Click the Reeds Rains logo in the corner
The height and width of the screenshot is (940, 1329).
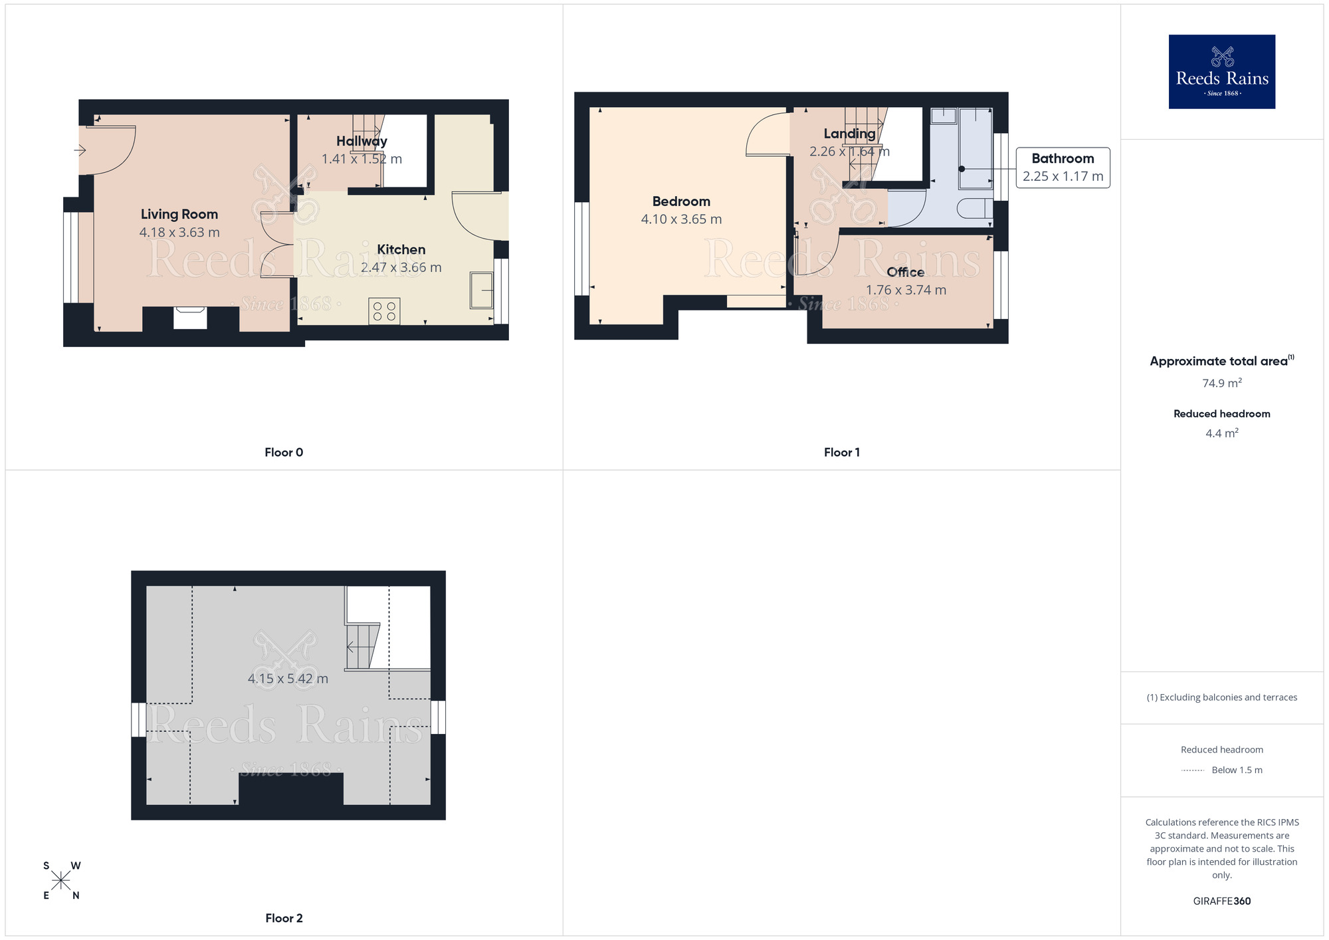pos(1221,72)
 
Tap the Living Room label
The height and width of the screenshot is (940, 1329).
pos(179,214)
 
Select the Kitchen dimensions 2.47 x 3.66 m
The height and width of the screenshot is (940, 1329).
pos(401,267)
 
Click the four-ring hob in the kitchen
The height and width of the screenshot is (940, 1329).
pos(384,311)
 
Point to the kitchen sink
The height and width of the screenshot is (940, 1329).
pos(481,291)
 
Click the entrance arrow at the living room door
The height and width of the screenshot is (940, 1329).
pos(80,151)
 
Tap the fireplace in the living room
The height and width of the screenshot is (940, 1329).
pos(190,318)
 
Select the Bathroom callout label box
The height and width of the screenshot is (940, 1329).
pos(1063,168)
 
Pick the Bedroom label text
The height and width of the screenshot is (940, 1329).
pos(681,201)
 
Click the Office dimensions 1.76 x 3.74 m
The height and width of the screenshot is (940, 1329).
pos(906,290)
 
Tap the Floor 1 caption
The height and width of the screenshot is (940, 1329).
pos(841,452)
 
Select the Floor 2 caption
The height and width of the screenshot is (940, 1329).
pos(284,918)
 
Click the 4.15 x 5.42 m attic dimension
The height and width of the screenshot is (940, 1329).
pos(288,679)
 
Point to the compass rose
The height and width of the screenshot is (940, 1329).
pos(61,881)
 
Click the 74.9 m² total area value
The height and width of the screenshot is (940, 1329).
pos(1221,383)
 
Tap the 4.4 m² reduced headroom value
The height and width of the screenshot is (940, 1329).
pos(1221,433)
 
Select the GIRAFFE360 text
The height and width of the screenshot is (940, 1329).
pos(1221,901)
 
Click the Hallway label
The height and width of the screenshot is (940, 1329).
pos(361,141)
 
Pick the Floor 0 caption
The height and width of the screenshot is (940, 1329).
pos(284,452)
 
